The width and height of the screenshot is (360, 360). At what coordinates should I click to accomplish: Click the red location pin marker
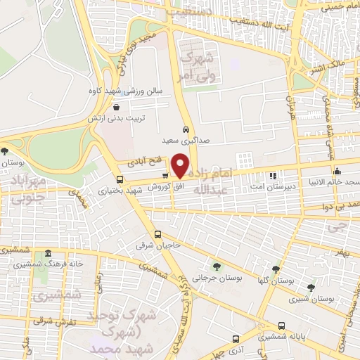181,166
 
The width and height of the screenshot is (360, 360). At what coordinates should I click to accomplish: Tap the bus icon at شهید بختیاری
117,179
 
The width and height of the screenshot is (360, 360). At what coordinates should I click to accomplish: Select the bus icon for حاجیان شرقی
158,235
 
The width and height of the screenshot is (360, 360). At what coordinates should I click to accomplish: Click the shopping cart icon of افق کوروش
165,176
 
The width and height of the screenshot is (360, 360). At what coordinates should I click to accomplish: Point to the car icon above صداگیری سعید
185,130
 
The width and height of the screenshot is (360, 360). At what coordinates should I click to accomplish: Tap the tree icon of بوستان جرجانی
216,266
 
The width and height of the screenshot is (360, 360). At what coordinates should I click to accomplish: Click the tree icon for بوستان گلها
276,269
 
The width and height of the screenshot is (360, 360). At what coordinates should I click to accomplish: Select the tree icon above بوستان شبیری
311,287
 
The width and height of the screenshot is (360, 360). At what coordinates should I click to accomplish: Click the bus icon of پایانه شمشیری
282,326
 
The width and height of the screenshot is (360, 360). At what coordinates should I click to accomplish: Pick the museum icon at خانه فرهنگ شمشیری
48,253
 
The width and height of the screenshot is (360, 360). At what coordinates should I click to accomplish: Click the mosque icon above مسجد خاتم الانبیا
337,170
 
